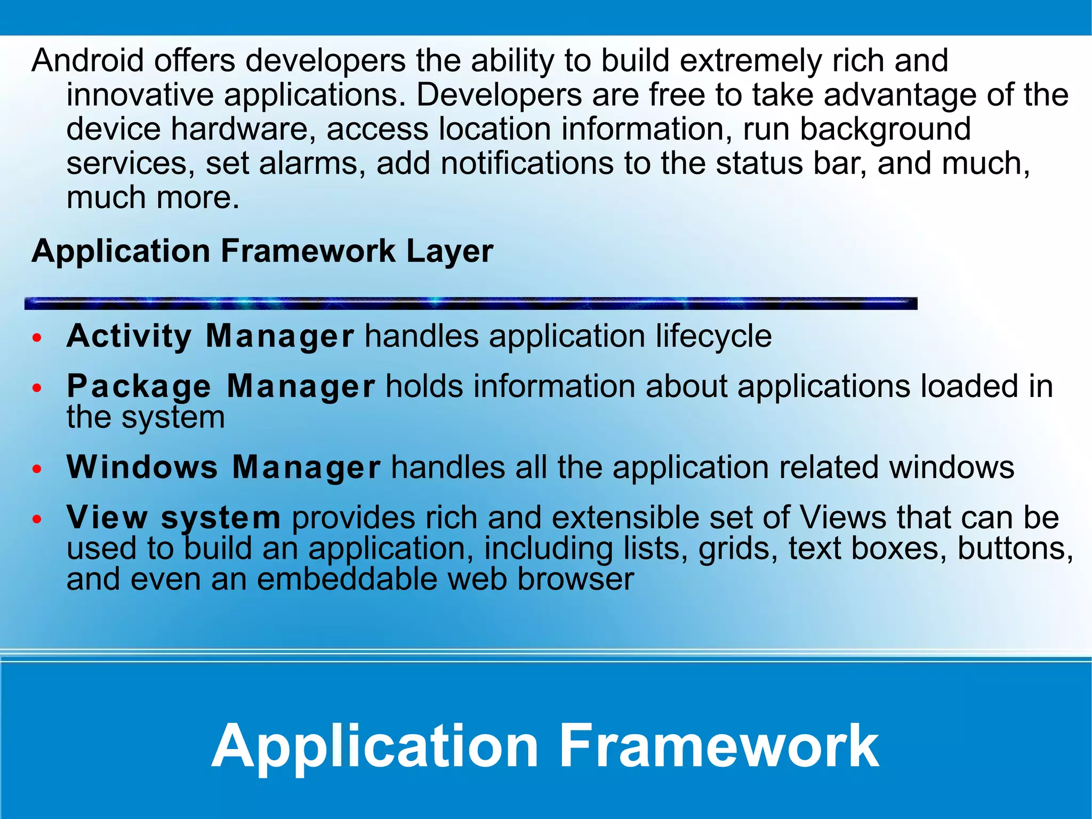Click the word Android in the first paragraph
[x=87, y=60]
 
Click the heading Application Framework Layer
[x=262, y=251]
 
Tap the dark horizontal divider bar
[x=470, y=304]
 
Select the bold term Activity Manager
[x=210, y=336]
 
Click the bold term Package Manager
[x=221, y=386]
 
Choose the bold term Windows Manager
[x=223, y=467]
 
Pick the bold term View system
[x=173, y=518]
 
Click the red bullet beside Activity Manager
[x=37, y=338]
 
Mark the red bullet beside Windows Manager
[x=37, y=469]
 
